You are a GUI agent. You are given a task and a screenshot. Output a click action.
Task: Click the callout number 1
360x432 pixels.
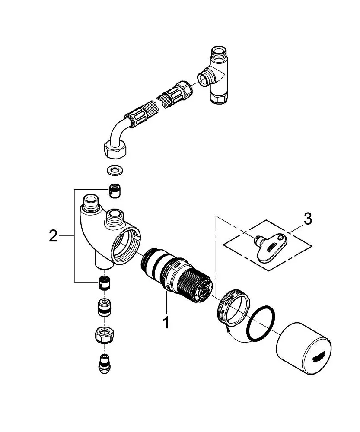coord(166,322)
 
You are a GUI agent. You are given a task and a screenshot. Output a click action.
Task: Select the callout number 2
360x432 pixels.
coord(53,236)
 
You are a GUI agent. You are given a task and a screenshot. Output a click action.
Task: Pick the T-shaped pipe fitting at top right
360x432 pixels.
coord(217,76)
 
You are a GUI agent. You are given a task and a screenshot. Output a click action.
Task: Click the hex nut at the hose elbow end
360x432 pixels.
coord(115,150)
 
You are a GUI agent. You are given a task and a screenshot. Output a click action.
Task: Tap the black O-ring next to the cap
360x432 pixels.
coord(261,323)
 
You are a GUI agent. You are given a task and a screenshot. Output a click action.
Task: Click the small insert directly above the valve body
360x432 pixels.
coord(115,191)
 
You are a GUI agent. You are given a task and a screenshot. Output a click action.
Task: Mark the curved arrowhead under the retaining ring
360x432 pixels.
coord(228,328)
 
